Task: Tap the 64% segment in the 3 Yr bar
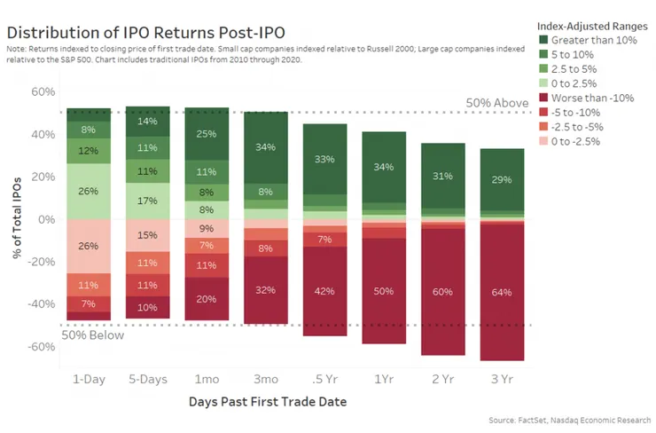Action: (502, 292)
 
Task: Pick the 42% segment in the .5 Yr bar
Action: (325, 291)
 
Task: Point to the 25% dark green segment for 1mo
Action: (207, 134)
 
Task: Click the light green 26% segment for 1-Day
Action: (89, 191)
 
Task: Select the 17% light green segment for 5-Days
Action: (147, 201)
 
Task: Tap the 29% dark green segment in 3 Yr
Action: (502, 179)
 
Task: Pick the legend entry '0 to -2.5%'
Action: (580, 140)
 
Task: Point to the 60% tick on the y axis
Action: (43, 91)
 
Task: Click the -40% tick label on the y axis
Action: (40, 303)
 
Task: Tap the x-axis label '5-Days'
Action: (147, 378)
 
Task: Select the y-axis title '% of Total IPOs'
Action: (18, 218)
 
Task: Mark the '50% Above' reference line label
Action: (496, 103)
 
